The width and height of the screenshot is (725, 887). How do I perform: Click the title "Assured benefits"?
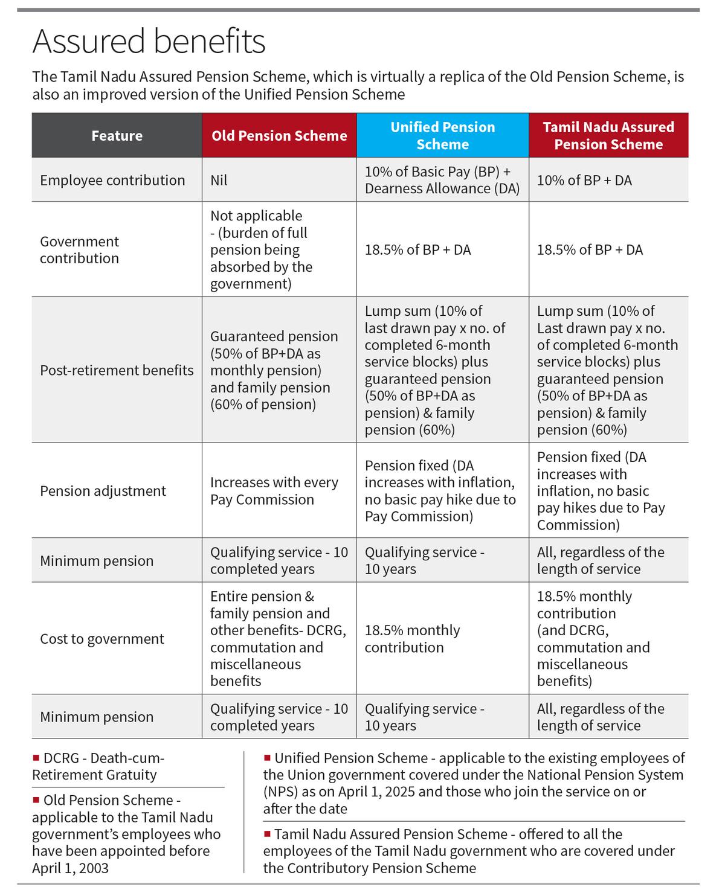pos(149,42)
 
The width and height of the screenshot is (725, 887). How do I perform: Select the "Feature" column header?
pos(117,135)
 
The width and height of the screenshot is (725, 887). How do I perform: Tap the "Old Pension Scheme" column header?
pos(279,135)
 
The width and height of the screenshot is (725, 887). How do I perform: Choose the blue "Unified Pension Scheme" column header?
pos(442,135)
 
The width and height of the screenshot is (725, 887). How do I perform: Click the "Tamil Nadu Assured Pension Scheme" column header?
pos(608,135)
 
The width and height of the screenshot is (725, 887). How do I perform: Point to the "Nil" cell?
pos(219,180)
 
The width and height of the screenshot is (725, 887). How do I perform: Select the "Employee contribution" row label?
pos(112,180)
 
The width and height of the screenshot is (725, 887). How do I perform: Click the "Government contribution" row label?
pos(80,249)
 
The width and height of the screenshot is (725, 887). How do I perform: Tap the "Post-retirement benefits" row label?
pos(117,370)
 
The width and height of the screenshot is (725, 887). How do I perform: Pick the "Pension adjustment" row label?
pos(103,491)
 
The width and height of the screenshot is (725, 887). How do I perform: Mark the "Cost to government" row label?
pos(102,639)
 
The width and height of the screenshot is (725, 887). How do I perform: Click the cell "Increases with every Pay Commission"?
pos(274,491)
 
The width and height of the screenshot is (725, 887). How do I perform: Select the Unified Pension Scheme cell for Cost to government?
pos(412,639)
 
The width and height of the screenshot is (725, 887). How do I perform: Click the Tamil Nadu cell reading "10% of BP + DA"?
pos(584,180)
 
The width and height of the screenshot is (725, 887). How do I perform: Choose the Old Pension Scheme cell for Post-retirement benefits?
pos(274,370)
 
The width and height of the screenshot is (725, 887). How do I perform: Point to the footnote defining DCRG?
pos(98,766)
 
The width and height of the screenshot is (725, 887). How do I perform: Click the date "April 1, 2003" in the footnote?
pos(71,868)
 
